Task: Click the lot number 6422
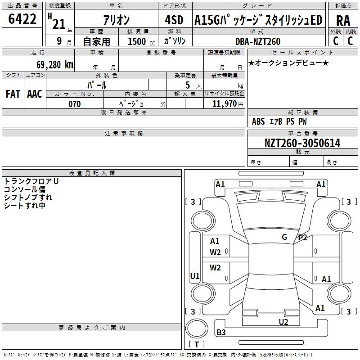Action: click(x=22, y=19)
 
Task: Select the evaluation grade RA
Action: click(x=343, y=21)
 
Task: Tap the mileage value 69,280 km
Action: click(x=55, y=64)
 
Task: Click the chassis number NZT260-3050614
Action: click(x=302, y=143)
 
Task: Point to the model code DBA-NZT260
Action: click(x=258, y=41)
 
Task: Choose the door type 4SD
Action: click(x=174, y=20)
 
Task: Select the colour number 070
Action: click(x=75, y=104)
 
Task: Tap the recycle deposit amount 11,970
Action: click(x=225, y=104)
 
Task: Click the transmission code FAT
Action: click(x=13, y=94)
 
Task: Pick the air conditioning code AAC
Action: click(x=35, y=94)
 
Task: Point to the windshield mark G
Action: click(x=284, y=237)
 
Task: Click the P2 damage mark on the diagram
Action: click(x=302, y=238)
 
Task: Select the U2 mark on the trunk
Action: click(x=283, y=322)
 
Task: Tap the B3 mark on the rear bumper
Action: click(x=221, y=332)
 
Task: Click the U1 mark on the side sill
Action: click(x=195, y=276)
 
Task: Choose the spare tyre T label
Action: click(x=197, y=344)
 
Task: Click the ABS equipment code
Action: click(x=258, y=121)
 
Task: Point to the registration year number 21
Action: click(x=59, y=24)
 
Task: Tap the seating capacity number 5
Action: click(x=188, y=85)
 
